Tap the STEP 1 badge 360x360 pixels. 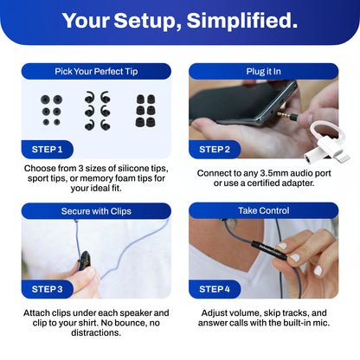[x=48, y=150]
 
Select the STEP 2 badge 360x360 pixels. [x=215, y=150]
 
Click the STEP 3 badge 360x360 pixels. [x=48, y=289]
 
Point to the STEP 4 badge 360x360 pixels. [x=215, y=289]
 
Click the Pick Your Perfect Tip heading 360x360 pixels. [x=96, y=71]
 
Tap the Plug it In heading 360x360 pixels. [x=264, y=71]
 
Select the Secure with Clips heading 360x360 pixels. [x=96, y=211]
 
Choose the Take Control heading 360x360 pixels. [x=264, y=210]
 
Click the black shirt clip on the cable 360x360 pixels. [x=84, y=260]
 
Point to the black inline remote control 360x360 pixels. [x=269, y=250]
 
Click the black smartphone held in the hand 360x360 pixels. [x=242, y=102]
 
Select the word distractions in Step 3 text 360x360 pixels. [x=96, y=332]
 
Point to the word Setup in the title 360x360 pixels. [x=147, y=22]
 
